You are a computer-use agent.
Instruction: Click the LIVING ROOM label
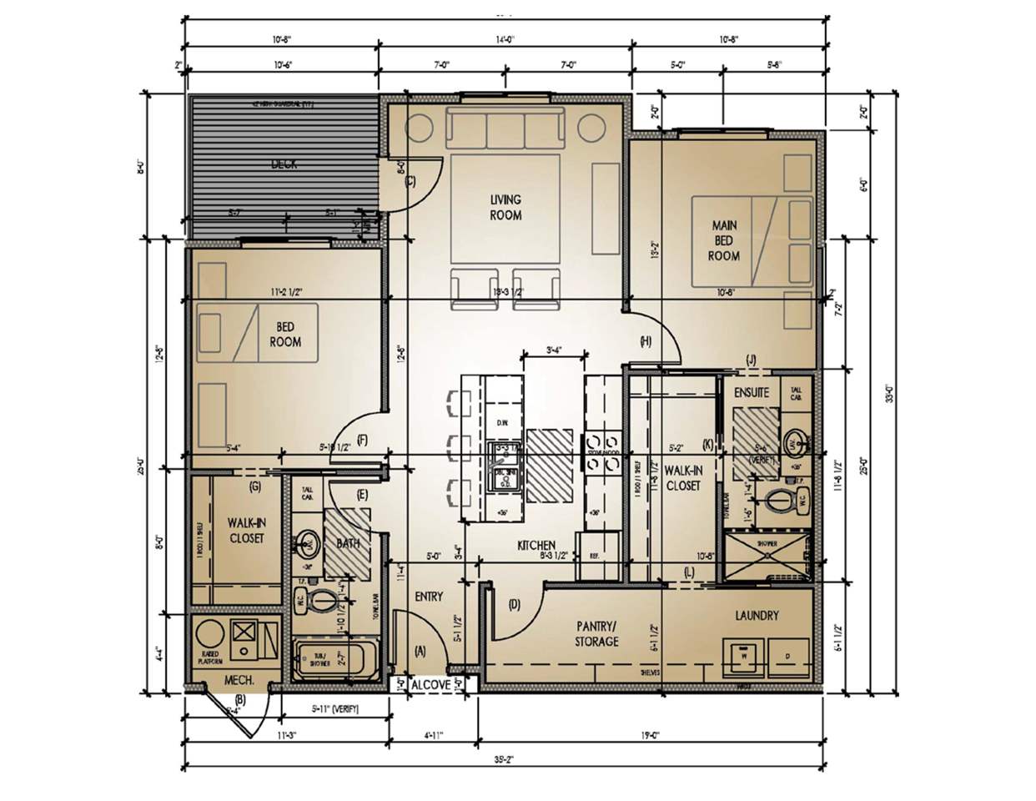(505, 207)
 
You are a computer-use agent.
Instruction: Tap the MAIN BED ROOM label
(723, 240)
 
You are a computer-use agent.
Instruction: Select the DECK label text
(284, 164)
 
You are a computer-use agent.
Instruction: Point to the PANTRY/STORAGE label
(596, 633)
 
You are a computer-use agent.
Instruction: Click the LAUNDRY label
(757, 616)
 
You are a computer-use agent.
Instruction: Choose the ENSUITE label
(752, 391)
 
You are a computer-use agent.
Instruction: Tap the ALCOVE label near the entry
(431, 685)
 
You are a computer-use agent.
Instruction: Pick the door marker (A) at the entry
(420, 649)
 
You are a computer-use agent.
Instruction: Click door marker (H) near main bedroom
(646, 340)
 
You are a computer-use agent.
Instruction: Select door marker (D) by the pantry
(514, 604)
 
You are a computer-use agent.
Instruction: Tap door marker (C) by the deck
(410, 182)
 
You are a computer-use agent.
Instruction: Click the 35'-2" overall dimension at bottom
(503, 760)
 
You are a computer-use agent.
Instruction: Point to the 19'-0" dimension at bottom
(652, 736)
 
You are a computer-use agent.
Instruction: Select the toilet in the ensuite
(780, 502)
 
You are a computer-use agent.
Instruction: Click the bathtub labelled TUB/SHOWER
(335, 659)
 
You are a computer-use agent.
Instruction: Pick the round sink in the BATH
(309, 543)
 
